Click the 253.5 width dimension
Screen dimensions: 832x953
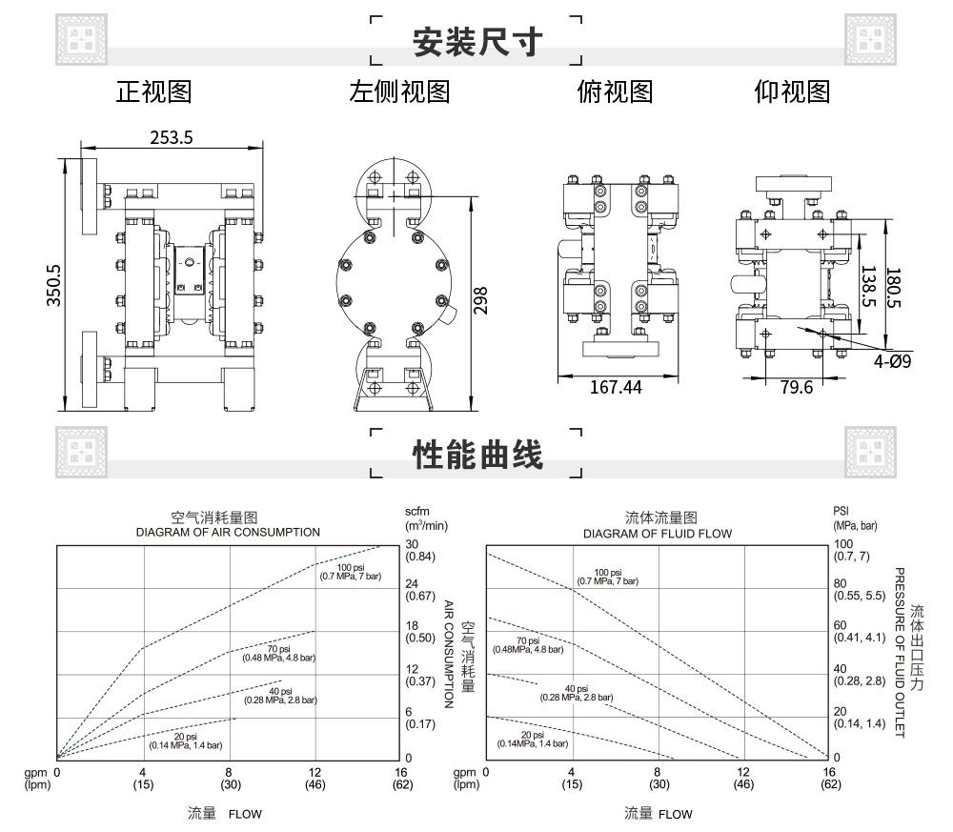click(x=172, y=137)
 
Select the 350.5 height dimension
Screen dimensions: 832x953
click(x=54, y=284)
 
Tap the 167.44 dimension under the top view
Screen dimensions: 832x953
click(x=616, y=387)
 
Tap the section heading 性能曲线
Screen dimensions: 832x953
click(x=476, y=455)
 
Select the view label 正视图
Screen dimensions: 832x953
click(x=153, y=91)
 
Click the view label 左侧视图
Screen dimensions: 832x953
click(x=398, y=91)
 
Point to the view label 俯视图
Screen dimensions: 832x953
click(x=615, y=91)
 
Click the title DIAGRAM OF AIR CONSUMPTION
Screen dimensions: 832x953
click(x=228, y=532)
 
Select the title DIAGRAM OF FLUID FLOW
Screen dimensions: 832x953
click(x=658, y=533)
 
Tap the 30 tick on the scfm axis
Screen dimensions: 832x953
click(x=413, y=544)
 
